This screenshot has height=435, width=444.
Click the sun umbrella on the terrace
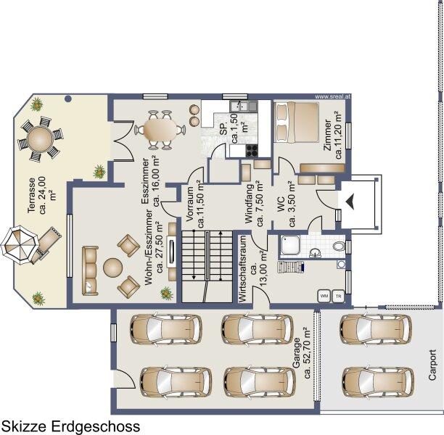coord(20,244)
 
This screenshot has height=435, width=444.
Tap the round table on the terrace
coord(40,139)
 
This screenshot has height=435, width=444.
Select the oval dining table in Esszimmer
coord(160,130)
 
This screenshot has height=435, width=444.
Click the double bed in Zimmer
coord(296,123)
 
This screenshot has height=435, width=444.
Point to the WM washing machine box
coord(324,296)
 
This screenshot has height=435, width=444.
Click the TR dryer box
coord(338,296)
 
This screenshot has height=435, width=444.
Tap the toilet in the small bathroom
coord(338,246)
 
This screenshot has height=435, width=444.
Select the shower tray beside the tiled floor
coord(292,245)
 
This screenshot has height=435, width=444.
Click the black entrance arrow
coord(350,202)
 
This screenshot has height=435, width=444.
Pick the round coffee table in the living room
coord(112,268)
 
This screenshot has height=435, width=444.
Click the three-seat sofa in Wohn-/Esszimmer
coord(91,271)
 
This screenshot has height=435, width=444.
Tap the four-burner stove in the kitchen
coord(252,151)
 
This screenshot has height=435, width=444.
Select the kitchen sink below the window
coord(244,106)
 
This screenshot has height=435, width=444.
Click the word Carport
coord(432,365)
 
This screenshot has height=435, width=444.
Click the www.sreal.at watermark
coord(332,96)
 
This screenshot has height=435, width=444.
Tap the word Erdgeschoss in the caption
coord(96,426)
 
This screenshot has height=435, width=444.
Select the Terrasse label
coord(41,195)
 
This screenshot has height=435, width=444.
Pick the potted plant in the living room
coord(167,293)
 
